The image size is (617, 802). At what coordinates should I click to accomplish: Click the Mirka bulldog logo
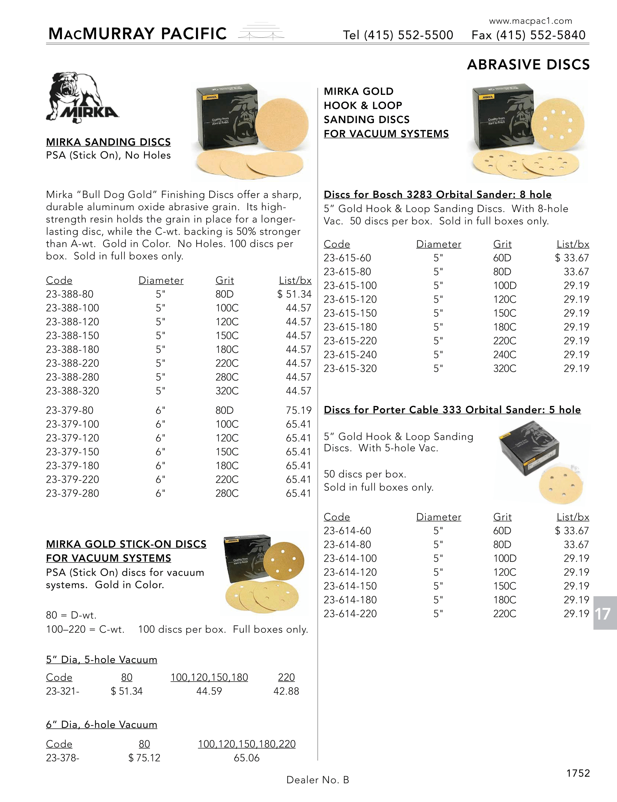82,98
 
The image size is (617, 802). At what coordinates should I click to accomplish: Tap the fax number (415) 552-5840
540,35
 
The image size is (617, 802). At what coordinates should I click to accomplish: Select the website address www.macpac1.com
530,21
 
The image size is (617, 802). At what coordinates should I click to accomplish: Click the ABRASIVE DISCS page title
528,65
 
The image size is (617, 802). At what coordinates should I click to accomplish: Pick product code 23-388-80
70,294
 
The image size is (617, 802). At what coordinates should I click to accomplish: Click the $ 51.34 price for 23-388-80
294,294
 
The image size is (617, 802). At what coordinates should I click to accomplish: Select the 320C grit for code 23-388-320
227,391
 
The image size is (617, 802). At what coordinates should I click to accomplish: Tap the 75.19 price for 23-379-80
298,410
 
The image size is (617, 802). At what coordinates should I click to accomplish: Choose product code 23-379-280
73,493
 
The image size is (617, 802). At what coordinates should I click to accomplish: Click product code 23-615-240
350,355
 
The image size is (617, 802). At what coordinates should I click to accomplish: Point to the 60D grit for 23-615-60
502,258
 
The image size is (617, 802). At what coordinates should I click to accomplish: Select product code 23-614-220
350,614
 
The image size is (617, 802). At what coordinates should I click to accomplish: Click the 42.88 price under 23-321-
286,691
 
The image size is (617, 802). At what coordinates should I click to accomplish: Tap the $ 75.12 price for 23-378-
144,758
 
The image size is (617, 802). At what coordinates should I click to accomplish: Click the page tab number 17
603,614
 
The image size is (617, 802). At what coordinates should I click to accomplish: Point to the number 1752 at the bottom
578,773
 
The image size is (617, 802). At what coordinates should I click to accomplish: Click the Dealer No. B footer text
318,780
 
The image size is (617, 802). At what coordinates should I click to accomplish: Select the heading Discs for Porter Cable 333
452,410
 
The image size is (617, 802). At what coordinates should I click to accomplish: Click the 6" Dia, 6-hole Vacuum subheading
102,725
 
